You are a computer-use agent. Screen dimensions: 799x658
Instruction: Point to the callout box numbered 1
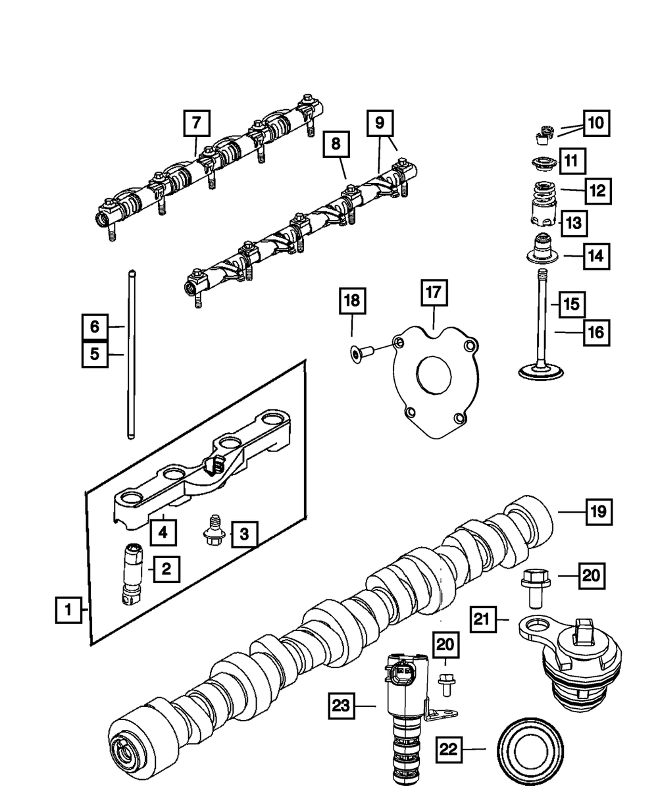pyautogui.click(x=68, y=610)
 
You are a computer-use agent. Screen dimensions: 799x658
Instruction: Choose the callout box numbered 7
pyautogui.click(x=197, y=124)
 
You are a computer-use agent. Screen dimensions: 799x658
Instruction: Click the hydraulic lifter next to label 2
pyautogui.click(x=131, y=572)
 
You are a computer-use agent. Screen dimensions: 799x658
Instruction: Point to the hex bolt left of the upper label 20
pyautogui.click(x=531, y=587)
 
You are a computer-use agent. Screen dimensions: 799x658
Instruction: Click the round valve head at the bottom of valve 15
pyautogui.click(x=541, y=371)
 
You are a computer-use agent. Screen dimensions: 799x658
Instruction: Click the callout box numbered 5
pyautogui.click(x=95, y=353)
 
